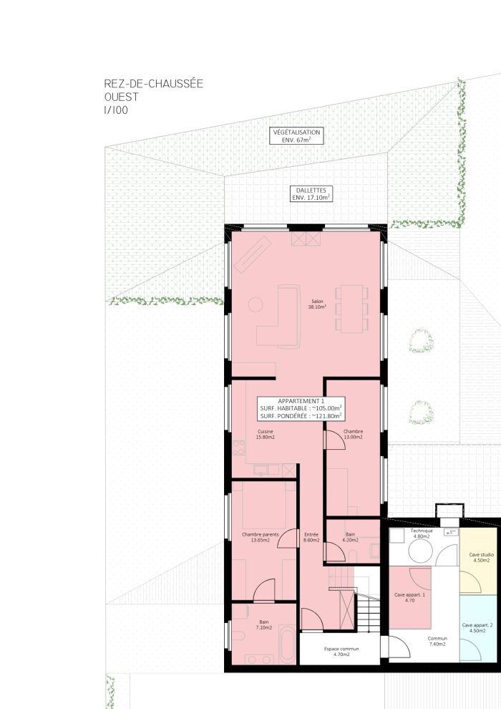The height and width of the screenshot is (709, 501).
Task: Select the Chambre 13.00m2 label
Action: click(353, 434)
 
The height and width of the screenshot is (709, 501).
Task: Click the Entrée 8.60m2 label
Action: click(311, 536)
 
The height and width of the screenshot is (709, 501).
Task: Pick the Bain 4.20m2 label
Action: click(350, 536)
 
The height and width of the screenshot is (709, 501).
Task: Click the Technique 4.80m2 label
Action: click(422, 533)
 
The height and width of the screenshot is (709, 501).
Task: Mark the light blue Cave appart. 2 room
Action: click(480, 630)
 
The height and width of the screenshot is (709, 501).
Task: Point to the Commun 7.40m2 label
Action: click(437, 641)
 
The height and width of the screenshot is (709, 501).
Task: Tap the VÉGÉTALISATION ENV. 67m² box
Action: click(296, 136)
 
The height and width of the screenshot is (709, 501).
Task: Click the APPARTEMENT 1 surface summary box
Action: click(301, 408)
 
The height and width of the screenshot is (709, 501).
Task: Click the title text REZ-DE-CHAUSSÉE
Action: click(153, 85)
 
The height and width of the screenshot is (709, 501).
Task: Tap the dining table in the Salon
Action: click(351, 309)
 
